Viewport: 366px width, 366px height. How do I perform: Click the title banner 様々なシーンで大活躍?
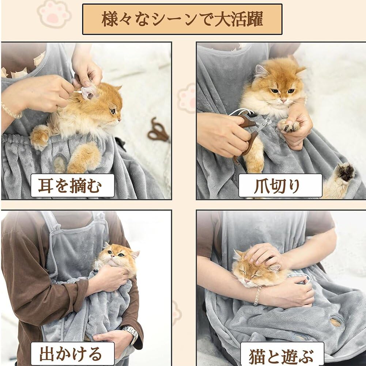(182, 19)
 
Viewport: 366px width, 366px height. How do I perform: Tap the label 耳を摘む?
(73, 186)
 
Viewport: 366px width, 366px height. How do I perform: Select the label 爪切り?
(280, 186)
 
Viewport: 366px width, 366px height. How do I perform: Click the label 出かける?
(73, 354)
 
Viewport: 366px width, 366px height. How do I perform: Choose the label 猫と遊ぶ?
(282, 354)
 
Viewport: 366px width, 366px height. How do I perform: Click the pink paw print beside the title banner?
(54, 14)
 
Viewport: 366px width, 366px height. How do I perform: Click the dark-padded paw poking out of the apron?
(346, 172)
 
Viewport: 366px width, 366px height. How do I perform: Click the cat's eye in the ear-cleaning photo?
(113, 111)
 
